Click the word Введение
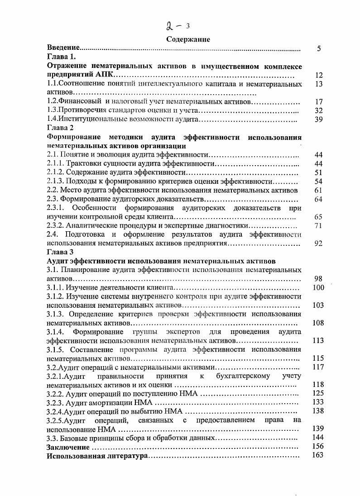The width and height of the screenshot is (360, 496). [64, 48]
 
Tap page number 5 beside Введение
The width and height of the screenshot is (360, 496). [319, 48]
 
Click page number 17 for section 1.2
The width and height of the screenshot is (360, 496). [318, 102]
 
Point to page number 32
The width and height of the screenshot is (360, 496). [318, 111]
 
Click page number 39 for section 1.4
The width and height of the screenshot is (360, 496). [318, 119]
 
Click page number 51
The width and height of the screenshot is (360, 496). [318, 172]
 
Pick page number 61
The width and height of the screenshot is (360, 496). [318, 190]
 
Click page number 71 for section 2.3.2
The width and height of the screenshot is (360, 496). [318, 225]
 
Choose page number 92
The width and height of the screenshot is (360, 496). [318, 243]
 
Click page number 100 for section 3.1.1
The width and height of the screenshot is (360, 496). [319, 287]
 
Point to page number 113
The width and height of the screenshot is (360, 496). [319, 341]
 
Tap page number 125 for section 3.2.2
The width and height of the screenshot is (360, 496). [319, 393]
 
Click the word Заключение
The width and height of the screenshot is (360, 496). [68, 447]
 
